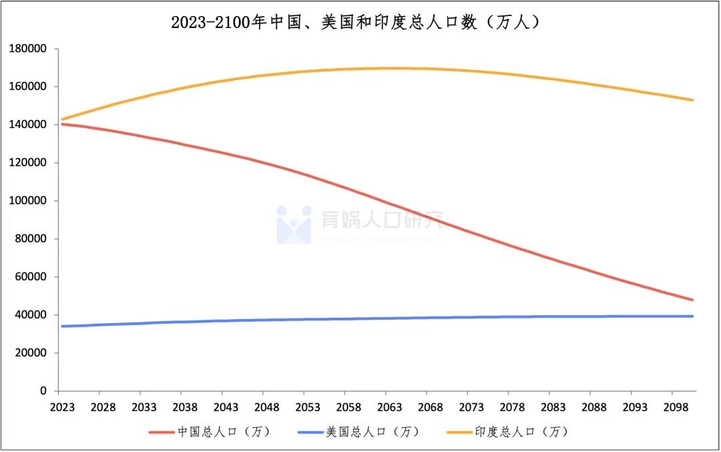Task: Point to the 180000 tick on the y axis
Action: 28,49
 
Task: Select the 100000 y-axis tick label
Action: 28,201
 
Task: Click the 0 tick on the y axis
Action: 43,391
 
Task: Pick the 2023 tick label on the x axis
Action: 59,407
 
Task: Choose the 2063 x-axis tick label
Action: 385,407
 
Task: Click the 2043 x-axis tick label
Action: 222,407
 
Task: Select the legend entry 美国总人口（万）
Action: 372,432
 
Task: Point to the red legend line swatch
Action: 161,432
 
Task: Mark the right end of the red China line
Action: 693,300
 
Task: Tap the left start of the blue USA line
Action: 61,326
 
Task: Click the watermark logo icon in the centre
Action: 294,224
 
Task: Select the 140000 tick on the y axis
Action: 28,125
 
